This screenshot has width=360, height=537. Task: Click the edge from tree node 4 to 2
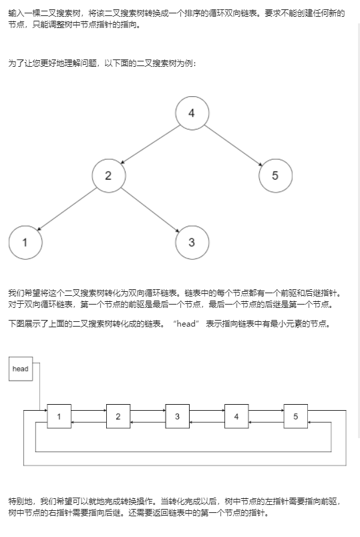coord(150,144)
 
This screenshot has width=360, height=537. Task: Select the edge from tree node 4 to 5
coord(234,146)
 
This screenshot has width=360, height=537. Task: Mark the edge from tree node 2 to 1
coord(67,209)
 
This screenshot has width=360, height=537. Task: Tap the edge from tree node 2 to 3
coord(150,210)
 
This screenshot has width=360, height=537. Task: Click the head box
coord(21,369)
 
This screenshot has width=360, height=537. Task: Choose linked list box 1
coord(59,416)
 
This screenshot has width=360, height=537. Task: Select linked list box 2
coord(118,416)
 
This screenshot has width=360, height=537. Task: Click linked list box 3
coord(178,416)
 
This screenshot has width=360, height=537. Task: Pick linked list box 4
coord(236,416)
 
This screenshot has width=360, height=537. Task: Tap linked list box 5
coord(296,416)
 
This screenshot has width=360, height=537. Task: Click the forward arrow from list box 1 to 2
coord(89,410)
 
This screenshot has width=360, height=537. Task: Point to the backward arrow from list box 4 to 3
coord(207,422)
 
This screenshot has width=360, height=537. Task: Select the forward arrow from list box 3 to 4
coord(207,410)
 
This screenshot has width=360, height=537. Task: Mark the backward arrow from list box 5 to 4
coord(266,422)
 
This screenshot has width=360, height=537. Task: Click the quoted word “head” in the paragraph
coord(186,324)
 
